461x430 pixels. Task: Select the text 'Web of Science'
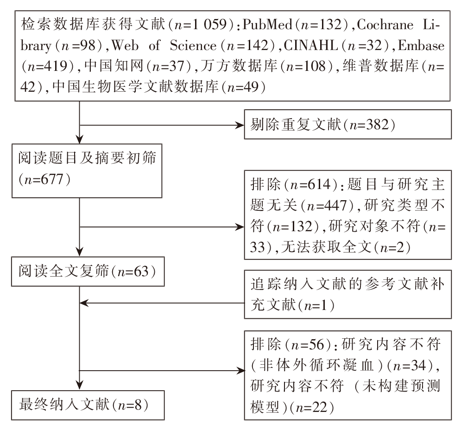(164, 45)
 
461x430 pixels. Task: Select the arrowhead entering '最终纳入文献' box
(80, 385)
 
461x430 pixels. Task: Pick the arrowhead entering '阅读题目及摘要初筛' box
(80, 139)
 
